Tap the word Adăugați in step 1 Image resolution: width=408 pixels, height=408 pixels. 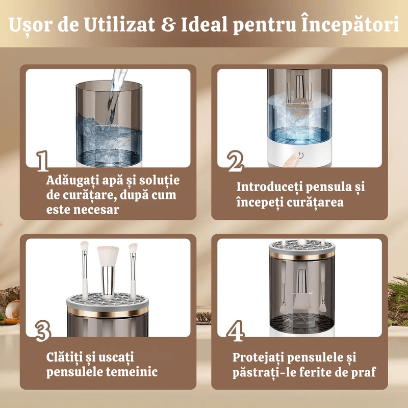click(72, 181)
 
